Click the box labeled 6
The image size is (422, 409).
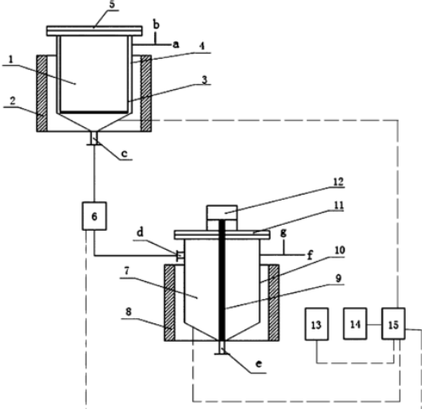tap(94, 216)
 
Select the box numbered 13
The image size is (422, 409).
tap(316, 324)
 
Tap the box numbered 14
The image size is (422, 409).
tap(355, 323)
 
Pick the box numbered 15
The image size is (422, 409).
tap(393, 323)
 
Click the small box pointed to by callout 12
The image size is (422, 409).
tap(222, 213)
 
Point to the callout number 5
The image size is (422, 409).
tap(112, 4)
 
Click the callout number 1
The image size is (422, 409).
tap(11, 60)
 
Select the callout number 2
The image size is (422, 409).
tap(12, 101)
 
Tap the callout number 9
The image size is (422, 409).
tap(338, 278)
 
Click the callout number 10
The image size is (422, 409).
tap(340, 250)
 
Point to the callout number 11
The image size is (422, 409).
tap(339, 205)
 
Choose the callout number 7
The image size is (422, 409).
tap(126, 271)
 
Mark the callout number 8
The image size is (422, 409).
tap(128, 311)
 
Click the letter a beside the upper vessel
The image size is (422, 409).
tap(176, 45)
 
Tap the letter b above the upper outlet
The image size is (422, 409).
tap(156, 25)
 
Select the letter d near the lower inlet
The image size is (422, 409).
tap(140, 233)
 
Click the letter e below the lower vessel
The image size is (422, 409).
tap(259, 364)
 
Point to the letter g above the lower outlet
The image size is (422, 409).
tap(284, 233)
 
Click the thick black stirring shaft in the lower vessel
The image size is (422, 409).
tap(221, 280)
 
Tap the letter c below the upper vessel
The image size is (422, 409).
tap(125, 154)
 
